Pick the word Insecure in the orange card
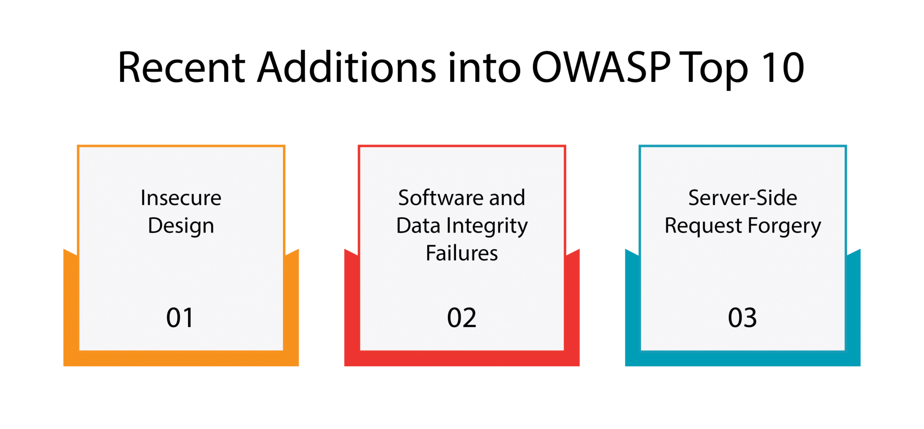(181, 198)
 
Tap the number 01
(180, 318)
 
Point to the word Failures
(462, 253)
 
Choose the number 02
(462, 318)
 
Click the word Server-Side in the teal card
(743, 198)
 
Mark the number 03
(742, 318)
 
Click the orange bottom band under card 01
(181, 358)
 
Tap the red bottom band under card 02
(462, 358)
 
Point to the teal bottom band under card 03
(743, 358)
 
